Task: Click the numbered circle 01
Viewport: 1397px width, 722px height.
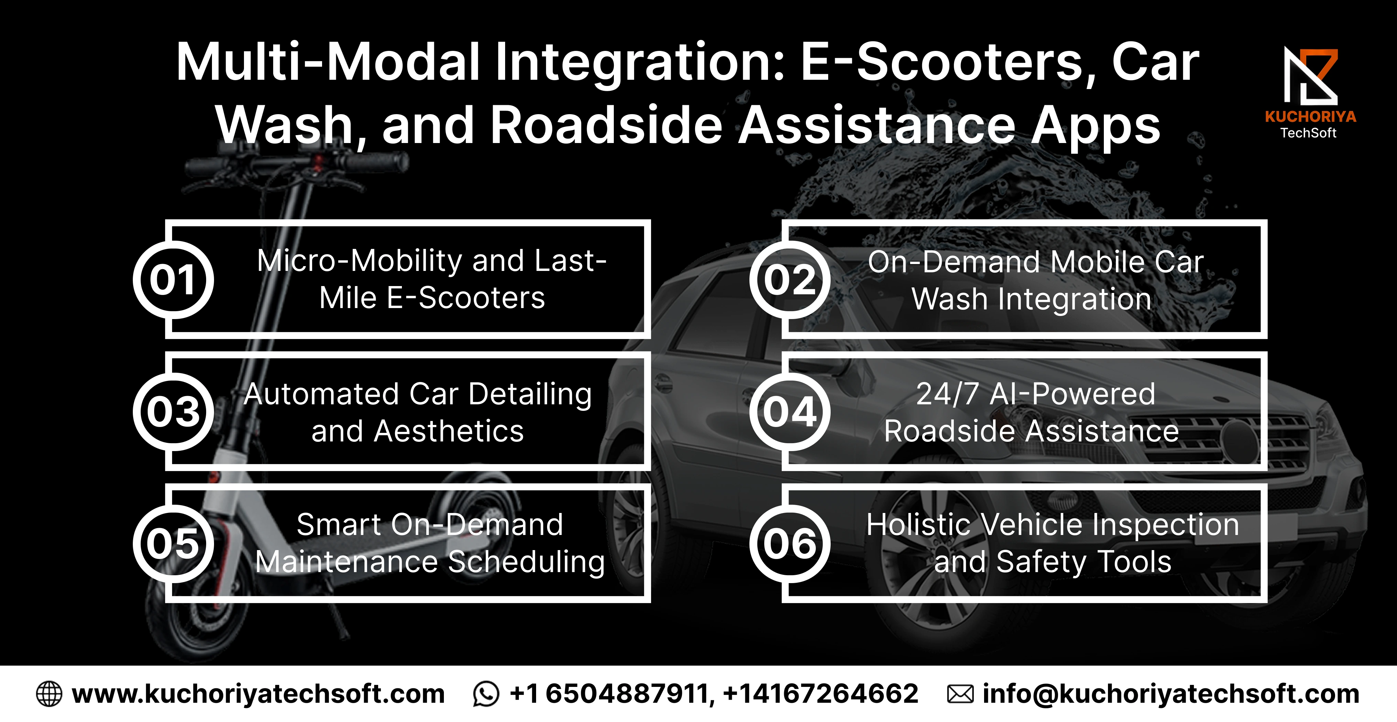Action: (x=173, y=280)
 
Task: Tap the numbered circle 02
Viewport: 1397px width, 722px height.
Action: (x=790, y=280)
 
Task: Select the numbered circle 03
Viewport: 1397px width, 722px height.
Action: (x=173, y=412)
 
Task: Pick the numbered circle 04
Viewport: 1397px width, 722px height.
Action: (x=790, y=412)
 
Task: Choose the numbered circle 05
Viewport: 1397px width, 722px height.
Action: (x=173, y=544)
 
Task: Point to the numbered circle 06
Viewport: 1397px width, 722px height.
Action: (x=790, y=544)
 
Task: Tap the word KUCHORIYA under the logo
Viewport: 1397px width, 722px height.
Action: (x=1310, y=117)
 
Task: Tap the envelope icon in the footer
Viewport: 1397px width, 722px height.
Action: (x=960, y=694)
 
